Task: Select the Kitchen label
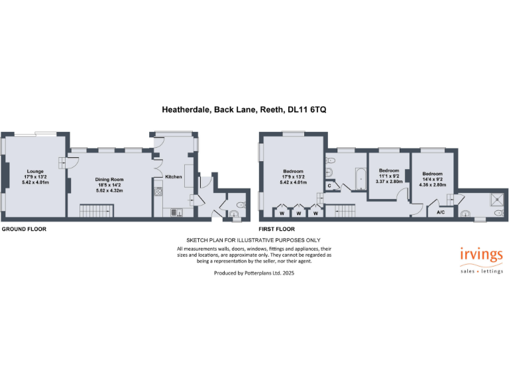tap(173, 176)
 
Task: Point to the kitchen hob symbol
tap(158, 192)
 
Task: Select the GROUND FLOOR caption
tap(23, 229)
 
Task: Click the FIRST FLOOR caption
tap(276, 229)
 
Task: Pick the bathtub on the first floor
tap(359, 176)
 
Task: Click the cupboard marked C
tap(329, 186)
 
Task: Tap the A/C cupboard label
tap(440, 213)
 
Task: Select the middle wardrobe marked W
tap(299, 213)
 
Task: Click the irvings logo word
tap(481, 255)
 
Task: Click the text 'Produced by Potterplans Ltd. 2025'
tap(254, 273)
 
